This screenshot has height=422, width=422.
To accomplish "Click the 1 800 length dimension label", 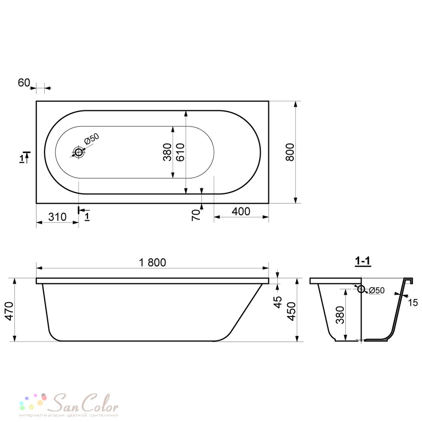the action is pyautogui.click(x=152, y=262).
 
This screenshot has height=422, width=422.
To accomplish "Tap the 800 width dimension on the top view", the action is pyautogui.click(x=290, y=152).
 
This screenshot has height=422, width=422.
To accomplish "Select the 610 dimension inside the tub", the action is pyautogui.click(x=180, y=152).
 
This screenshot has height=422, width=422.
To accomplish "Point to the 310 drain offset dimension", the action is pyautogui.click(x=57, y=216).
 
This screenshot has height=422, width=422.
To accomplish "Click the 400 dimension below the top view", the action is pyautogui.click(x=241, y=211).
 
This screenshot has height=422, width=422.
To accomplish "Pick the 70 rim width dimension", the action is pyautogui.click(x=196, y=215).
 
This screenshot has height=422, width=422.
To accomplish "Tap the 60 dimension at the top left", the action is pyautogui.click(x=24, y=83).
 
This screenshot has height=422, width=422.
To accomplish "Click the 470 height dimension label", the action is pyautogui.click(x=9, y=311).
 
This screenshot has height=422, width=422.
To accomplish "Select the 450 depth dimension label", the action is pyautogui.click(x=292, y=311).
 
